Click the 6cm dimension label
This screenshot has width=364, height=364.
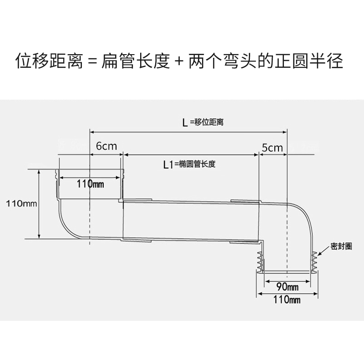click(106, 147)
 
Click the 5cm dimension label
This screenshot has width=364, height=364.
click(273, 147)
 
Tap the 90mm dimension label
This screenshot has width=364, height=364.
click(288, 287)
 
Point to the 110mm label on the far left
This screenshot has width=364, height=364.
click(21, 202)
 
